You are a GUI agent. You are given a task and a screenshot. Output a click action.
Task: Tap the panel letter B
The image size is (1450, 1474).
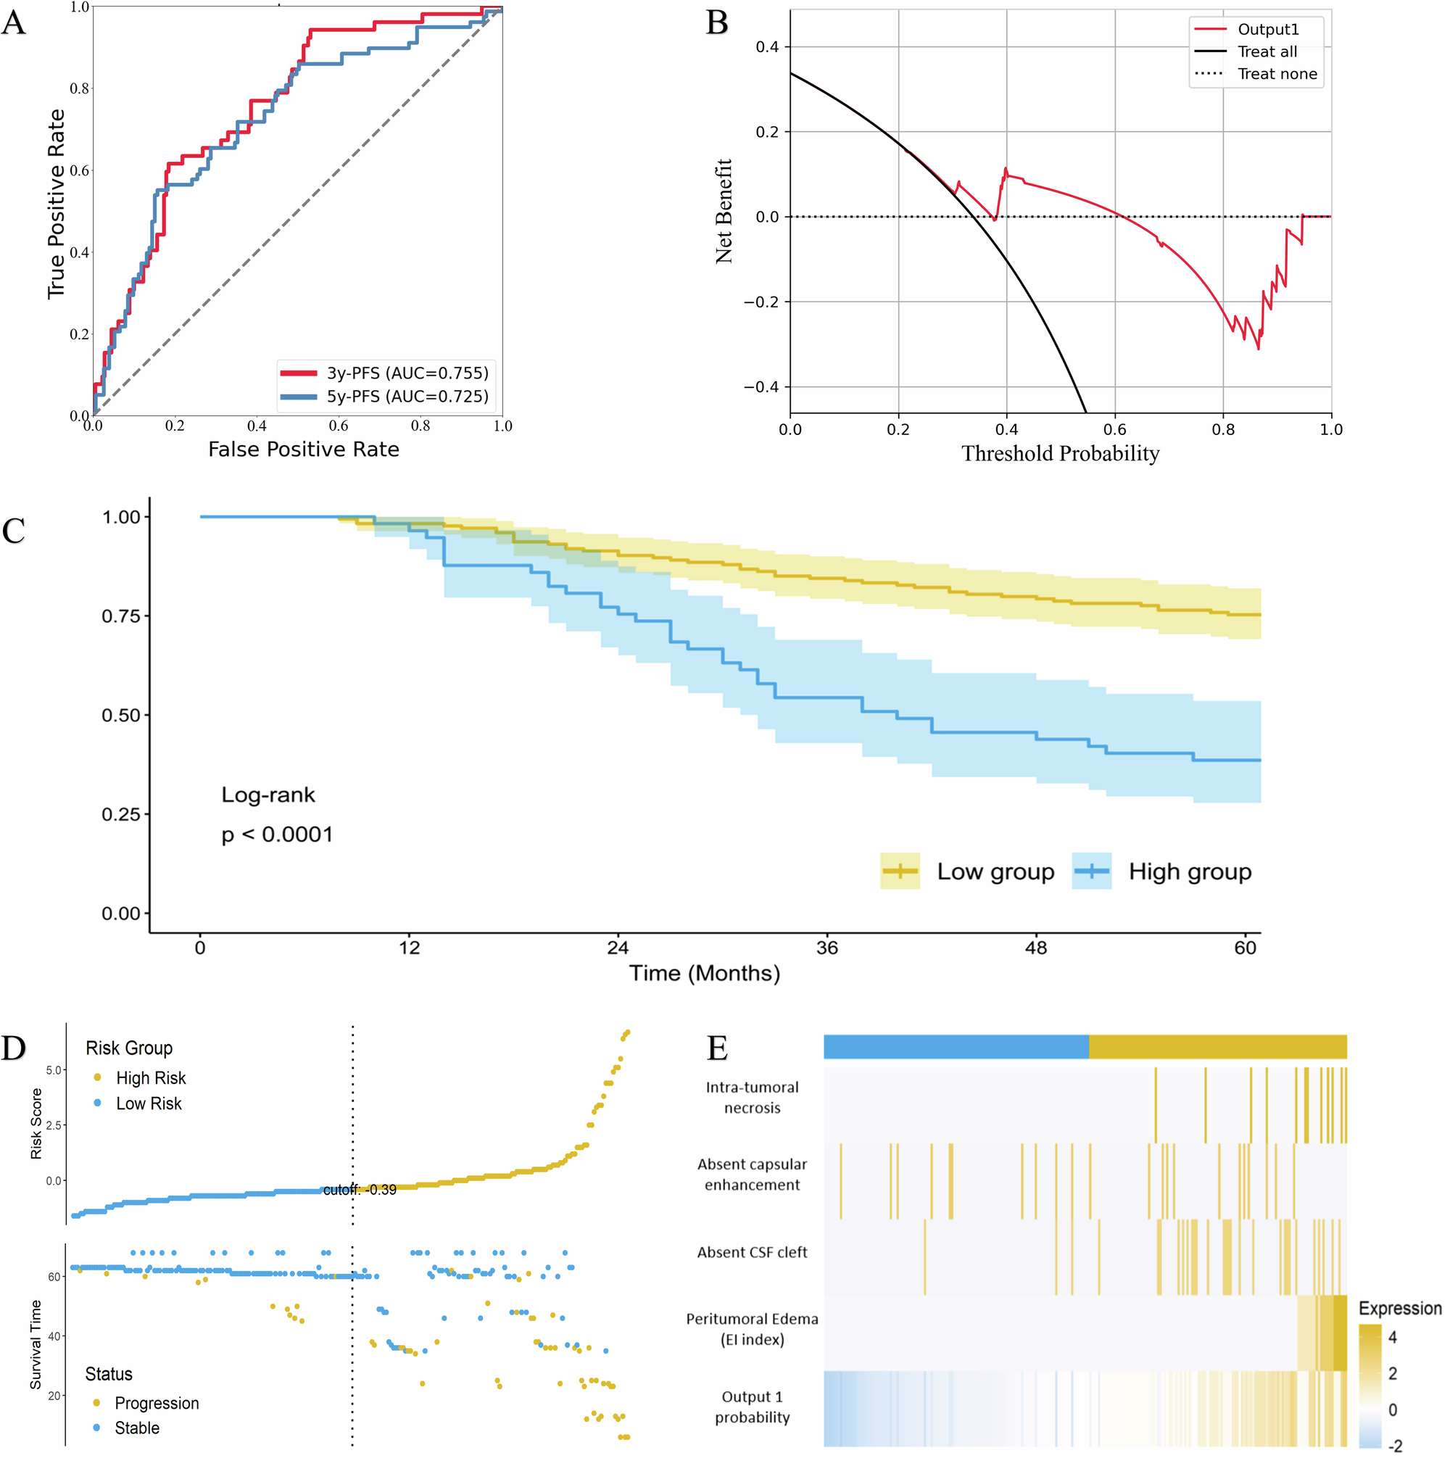tap(716, 23)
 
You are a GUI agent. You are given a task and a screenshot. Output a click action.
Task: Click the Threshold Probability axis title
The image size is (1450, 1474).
tap(1059, 454)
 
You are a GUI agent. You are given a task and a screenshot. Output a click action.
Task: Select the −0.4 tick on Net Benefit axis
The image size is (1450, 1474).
tap(760, 387)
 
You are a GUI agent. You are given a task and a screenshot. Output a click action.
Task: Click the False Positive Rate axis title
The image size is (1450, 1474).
tap(303, 450)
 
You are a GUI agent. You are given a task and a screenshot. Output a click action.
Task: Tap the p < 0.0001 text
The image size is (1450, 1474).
tap(277, 835)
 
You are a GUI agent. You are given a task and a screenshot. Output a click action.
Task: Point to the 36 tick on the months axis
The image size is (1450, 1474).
tap(826, 948)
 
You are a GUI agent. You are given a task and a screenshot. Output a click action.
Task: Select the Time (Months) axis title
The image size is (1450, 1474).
tap(704, 974)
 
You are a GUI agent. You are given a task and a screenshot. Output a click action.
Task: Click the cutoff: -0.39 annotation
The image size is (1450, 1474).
tap(360, 1190)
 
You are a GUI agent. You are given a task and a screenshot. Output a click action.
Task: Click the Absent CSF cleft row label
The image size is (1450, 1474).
tap(752, 1252)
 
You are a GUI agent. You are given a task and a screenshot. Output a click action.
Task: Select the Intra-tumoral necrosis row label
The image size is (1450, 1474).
tap(752, 1097)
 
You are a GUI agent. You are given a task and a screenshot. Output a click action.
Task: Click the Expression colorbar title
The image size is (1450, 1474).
tap(1400, 1309)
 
